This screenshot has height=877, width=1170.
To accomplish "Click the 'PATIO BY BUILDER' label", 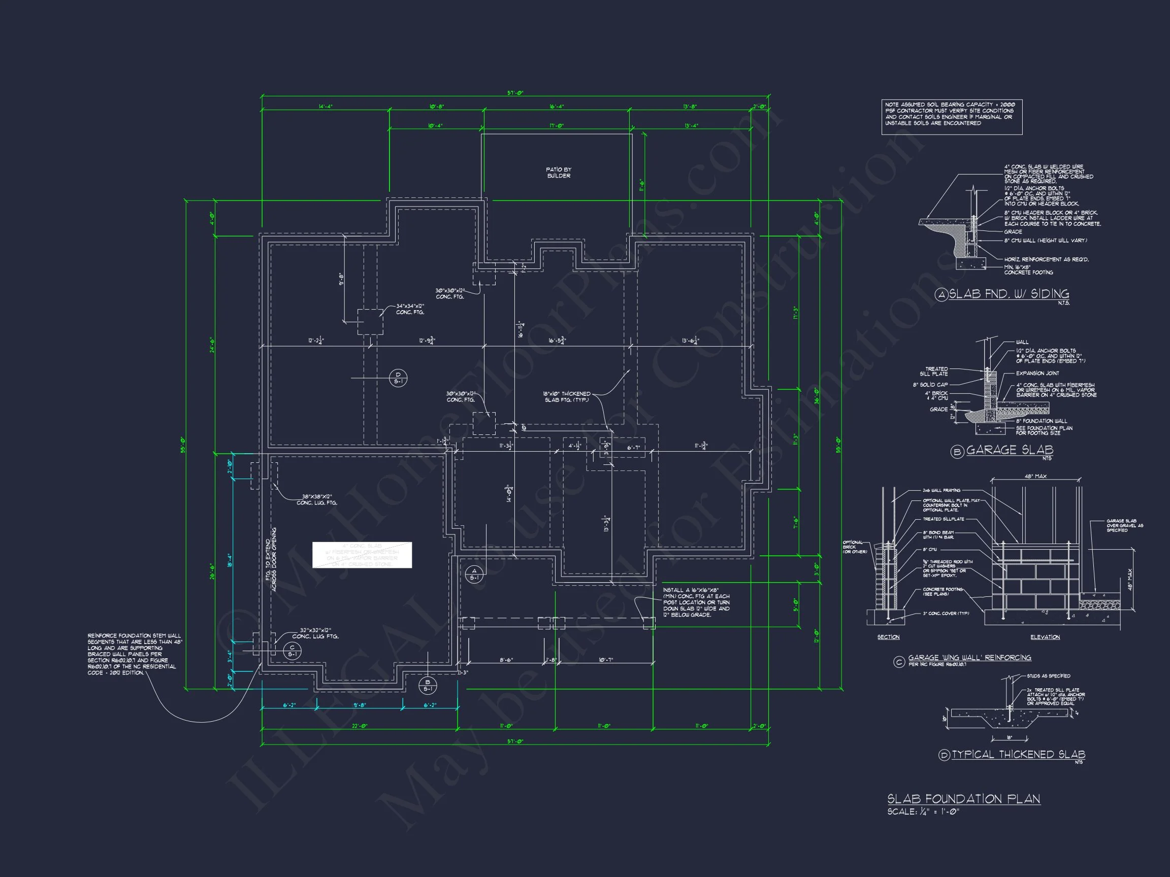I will tap(559, 173).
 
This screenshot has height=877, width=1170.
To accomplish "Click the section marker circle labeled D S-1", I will tap(398, 378).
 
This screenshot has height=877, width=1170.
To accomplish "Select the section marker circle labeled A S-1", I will tap(474, 574).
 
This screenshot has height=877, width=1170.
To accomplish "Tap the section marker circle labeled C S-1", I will tap(292, 651).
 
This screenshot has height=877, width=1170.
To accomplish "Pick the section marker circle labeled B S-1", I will tap(428, 685).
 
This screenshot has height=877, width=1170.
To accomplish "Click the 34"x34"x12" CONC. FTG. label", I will tap(410, 309).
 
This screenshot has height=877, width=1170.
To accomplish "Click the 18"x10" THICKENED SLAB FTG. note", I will tap(567, 396).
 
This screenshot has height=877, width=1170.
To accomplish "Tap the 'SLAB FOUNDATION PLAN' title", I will tap(963, 799).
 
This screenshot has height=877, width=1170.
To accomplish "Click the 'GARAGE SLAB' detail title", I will tap(1009, 450).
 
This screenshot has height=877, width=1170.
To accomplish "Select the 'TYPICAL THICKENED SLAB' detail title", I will tap(1018, 754).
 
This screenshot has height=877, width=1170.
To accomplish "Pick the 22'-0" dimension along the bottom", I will tap(360, 726).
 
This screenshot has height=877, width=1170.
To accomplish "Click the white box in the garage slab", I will tap(362, 555).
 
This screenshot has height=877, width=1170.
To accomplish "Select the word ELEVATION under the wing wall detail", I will tap(1045, 637).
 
